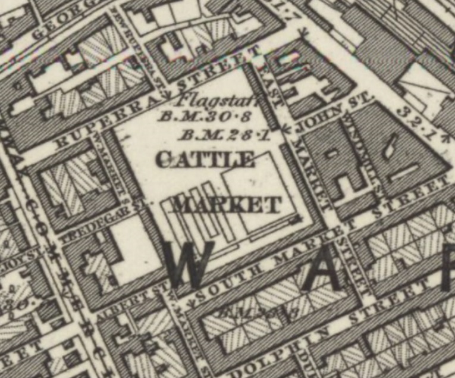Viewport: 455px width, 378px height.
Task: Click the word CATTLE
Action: point(205,159)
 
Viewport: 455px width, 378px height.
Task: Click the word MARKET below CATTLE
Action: point(226,205)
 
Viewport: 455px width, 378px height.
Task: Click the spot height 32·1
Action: point(420,125)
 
